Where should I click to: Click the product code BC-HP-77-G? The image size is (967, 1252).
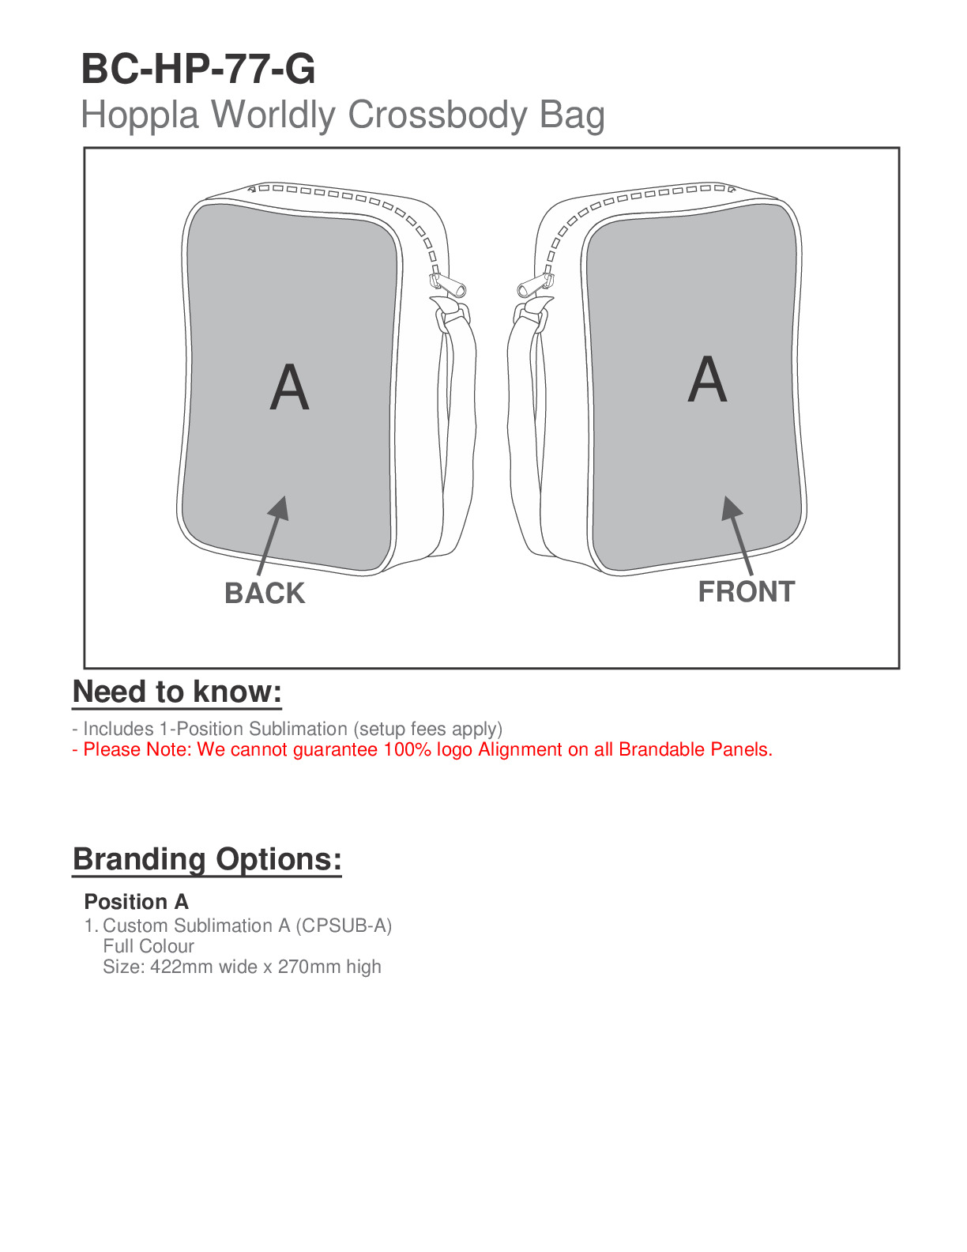pyautogui.click(x=198, y=69)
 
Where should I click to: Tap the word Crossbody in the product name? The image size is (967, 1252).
pyautogui.click(x=437, y=115)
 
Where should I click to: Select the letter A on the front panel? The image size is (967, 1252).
pyautogui.click(x=706, y=379)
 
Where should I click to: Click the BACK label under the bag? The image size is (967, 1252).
pyautogui.click(x=265, y=594)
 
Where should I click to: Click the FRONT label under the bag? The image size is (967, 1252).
pyautogui.click(x=746, y=592)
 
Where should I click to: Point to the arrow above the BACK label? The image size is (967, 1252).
pyautogui.click(x=273, y=534)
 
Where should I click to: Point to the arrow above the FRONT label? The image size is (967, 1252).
pyautogui.click(x=737, y=534)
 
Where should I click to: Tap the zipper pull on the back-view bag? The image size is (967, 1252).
pyautogui.click(x=446, y=285)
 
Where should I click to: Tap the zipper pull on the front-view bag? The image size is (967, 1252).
pyautogui.click(x=536, y=285)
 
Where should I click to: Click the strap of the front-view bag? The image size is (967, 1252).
pyautogui.click(x=522, y=411)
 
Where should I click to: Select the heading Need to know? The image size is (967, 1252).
pyautogui.click(x=177, y=692)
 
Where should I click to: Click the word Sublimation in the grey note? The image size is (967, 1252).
pyautogui.click(x=303, y=729)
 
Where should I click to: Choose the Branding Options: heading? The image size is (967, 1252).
pyautogui.click(x=207, y=859)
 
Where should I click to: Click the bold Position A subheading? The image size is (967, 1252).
pyautogui.click(x=136, y=902)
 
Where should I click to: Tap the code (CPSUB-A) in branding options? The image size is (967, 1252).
pyautogui.click(x=344, y=926)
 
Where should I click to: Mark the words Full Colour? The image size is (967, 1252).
pyautogui.click(x=149, y=946)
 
